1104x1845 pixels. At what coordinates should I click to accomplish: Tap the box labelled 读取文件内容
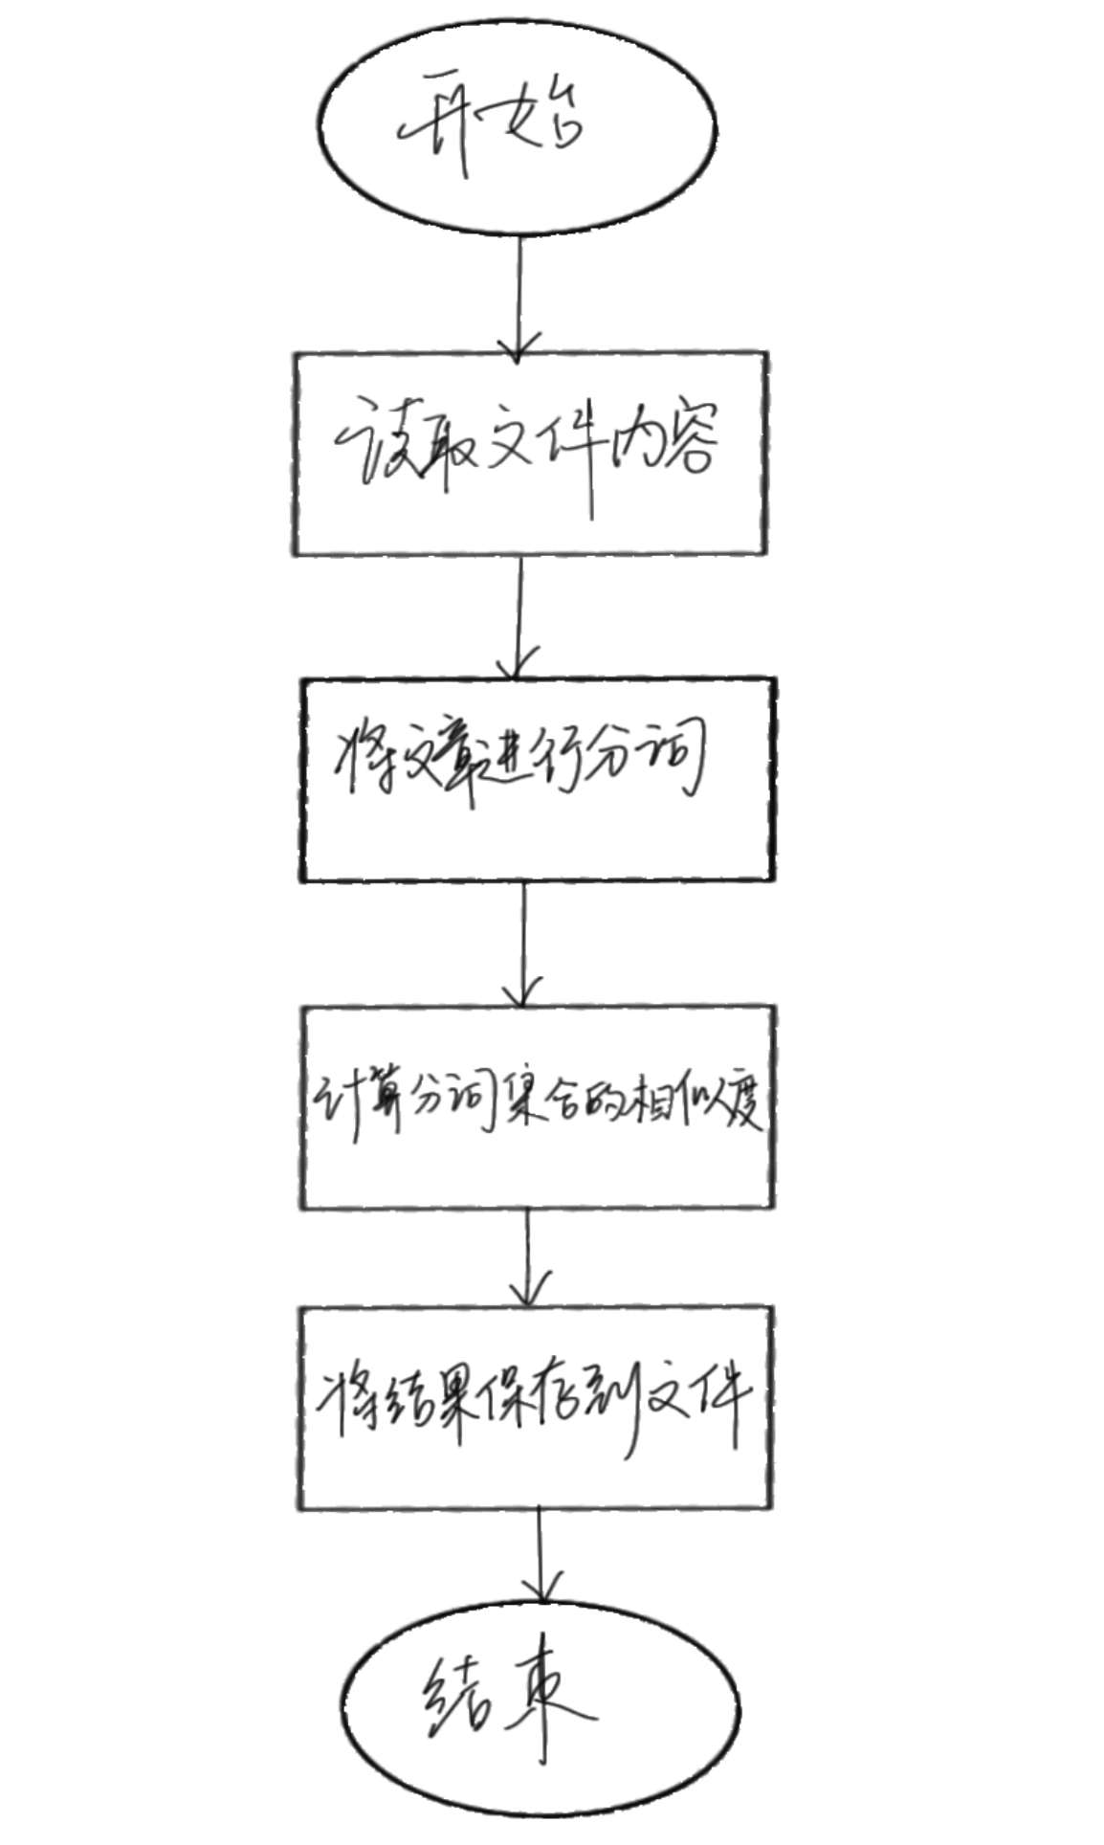(530, 453)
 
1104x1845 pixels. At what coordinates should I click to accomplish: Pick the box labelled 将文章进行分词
(537, 779)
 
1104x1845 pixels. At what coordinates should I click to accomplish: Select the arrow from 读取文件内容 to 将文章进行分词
(519, 616)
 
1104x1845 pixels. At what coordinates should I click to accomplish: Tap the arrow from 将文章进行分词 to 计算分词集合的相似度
(523, 943)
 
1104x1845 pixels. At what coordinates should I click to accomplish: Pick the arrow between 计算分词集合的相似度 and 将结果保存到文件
(528, 1256)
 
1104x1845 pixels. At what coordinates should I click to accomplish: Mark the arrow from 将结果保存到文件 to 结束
(541, 1555)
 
